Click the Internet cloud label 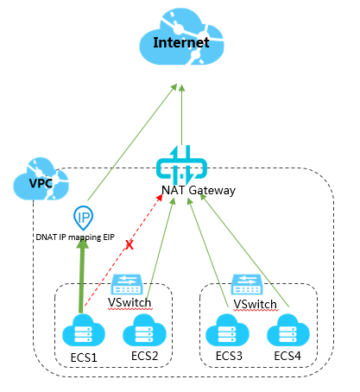coord(181,42)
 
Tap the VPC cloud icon coord(41,179)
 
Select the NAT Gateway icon coord(181,165)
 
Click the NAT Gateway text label coord(199,190)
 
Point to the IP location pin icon coord(84,218)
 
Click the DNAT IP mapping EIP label coord(75,237)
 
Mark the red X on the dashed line coord(129,245)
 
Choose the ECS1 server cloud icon coord(84,330)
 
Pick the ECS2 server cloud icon coord(144,330)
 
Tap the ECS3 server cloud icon coord(227,330)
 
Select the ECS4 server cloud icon coord(288,330)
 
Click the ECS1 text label coord(84,357)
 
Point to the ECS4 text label coord(287,356)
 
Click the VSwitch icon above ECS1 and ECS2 coord(127,284)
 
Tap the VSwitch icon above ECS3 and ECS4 coord(247,284)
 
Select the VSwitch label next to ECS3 coord(255,304)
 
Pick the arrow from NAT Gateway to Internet coord(181,115)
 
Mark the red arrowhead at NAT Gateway coord(160,198)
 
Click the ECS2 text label coord(145,356)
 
